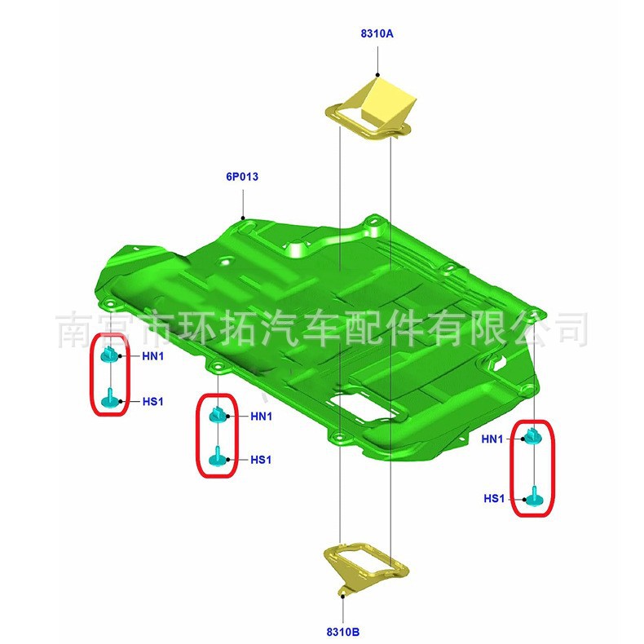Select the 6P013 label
coord(242,175)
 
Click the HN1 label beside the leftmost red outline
coord(153,355)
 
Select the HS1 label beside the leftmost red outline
coord(153,401)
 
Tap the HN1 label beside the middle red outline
coord(261,417)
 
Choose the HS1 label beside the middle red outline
coord(261,460)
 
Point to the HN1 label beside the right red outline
coord(493,439)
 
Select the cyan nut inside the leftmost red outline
coord(108,354)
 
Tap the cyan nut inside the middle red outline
coord(217,414)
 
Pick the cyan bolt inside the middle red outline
coord(217,457)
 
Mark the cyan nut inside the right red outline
coord(532,437)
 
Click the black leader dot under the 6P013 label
coord(243,217)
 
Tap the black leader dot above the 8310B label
coord(344,596)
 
